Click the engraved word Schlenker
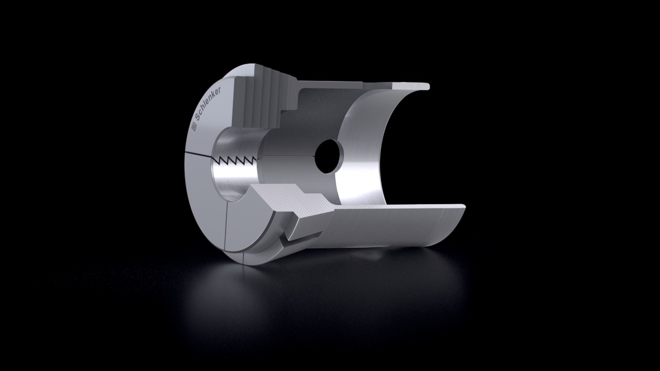pyautogui.click(x=208, y=104)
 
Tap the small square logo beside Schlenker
pyautogui.click(x=194, y=127)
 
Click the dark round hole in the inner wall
pyautogui.click(x=329, y=156)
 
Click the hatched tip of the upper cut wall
pyautogui.click(x=411, y=86)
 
